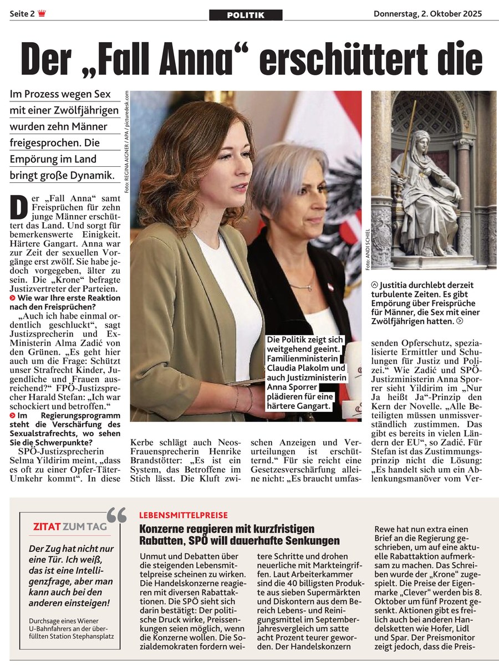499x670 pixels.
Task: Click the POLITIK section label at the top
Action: [x=246, y=16]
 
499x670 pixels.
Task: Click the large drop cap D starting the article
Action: [x=19, y=207]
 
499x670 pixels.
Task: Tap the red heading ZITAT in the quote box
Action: [x=47, y=526]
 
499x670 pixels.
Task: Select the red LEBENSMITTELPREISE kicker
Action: [x=184, y=515]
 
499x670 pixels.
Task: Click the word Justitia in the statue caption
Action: [x=402, y=284]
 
